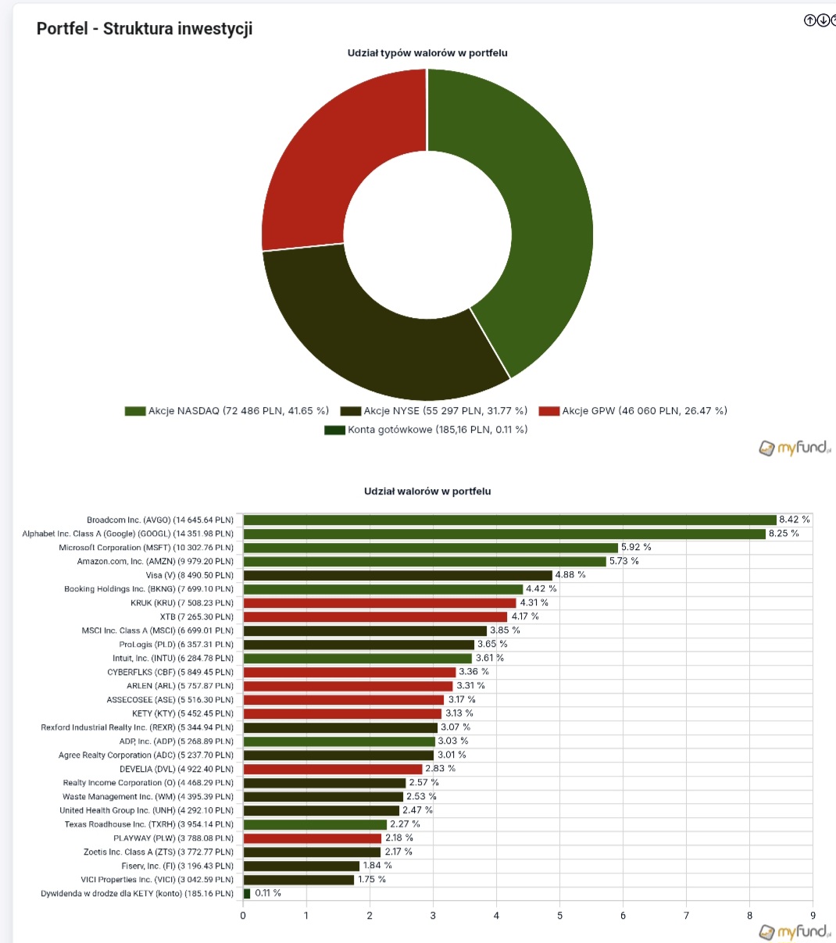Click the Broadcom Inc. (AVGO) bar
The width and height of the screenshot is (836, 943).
(x=509, y=520)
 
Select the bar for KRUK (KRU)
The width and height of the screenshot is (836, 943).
(x=380, y=603)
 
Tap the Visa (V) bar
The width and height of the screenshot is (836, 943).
(x=398, y=575)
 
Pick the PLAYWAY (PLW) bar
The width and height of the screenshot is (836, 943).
(x=313, y=838)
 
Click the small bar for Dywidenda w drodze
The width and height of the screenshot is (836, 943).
(x=247, y=893)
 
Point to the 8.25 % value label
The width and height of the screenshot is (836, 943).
(x=784, y=534)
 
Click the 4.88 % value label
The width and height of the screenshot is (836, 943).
(x=570, y=575)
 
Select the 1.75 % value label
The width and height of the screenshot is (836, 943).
(x=371, y=880)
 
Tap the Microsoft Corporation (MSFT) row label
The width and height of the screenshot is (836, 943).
(x=146, y=548)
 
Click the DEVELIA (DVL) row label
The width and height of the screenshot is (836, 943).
(x=177, y=769)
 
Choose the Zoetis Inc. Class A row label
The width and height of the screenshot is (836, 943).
(x=159, y=852)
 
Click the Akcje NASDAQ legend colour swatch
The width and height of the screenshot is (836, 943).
(x=135, y=411)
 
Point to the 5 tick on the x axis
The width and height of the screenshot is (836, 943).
(x=559, y=916)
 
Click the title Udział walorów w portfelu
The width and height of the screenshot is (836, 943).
(x=427, y=491)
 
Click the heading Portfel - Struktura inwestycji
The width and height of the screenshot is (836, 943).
(x=145, y=29)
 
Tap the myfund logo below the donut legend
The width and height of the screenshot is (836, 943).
(x=794, y=448)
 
